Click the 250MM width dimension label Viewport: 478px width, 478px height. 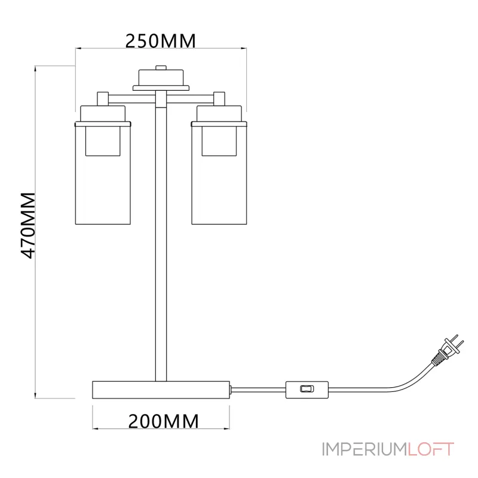160,41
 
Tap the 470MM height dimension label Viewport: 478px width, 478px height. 28,225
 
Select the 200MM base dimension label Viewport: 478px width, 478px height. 163,421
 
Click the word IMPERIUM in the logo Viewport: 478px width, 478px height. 364,449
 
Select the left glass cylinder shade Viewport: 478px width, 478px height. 103,179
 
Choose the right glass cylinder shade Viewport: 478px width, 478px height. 218,179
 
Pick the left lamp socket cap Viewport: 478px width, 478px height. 103,113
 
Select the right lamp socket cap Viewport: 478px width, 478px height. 219,113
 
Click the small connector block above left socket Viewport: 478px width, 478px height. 103,97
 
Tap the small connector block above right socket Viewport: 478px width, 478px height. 219,97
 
